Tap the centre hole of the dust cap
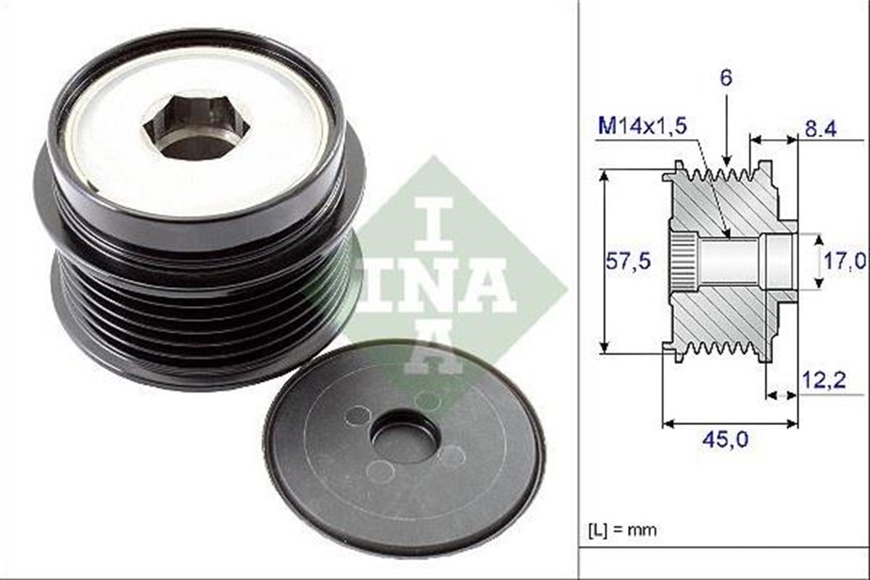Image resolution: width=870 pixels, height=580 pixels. [x=404, y=436]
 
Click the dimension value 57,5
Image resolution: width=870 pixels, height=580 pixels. [x=628, y=262]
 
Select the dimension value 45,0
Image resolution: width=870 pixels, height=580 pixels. [x=728, y=439]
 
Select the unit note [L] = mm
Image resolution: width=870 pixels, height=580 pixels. [x=623, y=530]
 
